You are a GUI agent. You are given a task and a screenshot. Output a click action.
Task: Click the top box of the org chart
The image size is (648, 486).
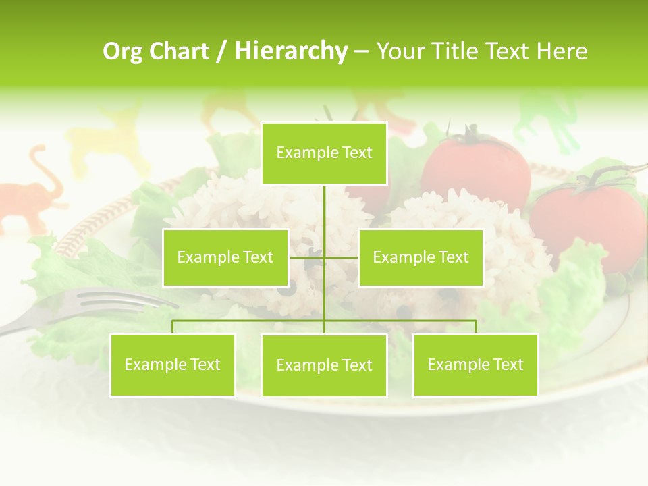(x=324, y=153)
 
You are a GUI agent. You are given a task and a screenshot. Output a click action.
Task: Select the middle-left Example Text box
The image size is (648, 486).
(x=225, y=257)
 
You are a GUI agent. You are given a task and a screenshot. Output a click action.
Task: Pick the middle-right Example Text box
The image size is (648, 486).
(x=421, y=257)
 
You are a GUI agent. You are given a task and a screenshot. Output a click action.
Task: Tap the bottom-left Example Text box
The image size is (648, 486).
(x=172, y=364)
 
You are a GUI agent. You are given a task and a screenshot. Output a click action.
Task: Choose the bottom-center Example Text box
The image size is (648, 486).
(x=324, y=365)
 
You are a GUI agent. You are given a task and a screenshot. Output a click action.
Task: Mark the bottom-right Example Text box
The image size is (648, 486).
(x=475, y=364)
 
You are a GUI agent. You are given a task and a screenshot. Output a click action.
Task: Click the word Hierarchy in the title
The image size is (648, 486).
(x=291, y=51)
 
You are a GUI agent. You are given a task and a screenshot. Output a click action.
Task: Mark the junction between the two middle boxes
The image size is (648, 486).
(x=324, y=257)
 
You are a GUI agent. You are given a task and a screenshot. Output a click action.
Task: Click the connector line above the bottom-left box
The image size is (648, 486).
(x=172, y=327)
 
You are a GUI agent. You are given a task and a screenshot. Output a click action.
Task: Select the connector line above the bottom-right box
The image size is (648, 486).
(x=475, y=327)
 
